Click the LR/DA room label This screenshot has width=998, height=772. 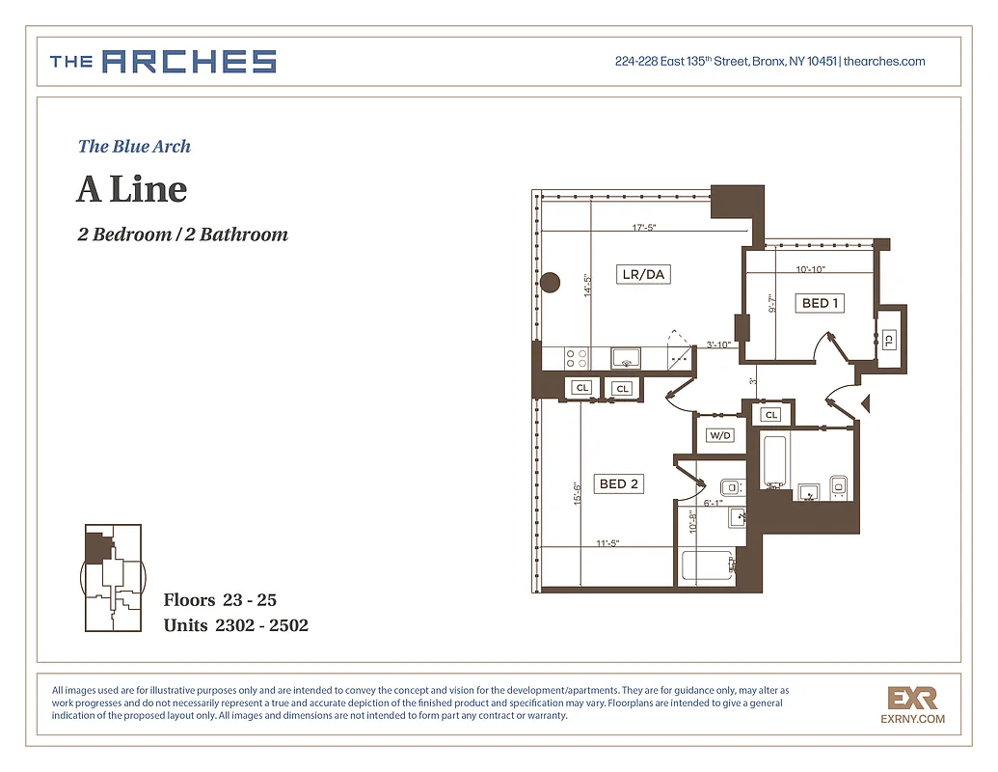coord(644,275)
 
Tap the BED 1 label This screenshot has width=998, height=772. coord(821,303)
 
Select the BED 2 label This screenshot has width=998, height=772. coord(618,484)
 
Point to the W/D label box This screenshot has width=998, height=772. coord(720,436)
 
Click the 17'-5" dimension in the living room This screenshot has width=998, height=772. coord(645,229)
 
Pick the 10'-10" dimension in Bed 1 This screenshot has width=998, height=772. coord(810,270)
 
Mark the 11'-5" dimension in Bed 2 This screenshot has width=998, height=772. coord(607,544)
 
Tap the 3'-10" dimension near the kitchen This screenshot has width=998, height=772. coord(718,345)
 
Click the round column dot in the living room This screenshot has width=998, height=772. coord(550,283)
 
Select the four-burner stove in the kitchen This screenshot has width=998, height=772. coord(577,359)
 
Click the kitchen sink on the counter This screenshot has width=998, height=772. coord(627,359)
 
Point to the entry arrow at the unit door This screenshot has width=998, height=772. coord(865,402)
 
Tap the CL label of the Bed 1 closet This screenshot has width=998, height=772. coord(888,340)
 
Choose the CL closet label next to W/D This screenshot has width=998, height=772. coord(770,415)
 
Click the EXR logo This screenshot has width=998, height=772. coord(911,697)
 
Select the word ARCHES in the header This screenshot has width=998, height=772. coord(189,63)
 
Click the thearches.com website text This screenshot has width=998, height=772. coord(884,62)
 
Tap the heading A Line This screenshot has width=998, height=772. coord(131,189)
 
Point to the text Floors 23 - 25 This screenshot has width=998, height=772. coord(220,600)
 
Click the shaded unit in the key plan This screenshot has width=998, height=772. coord(95,548)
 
